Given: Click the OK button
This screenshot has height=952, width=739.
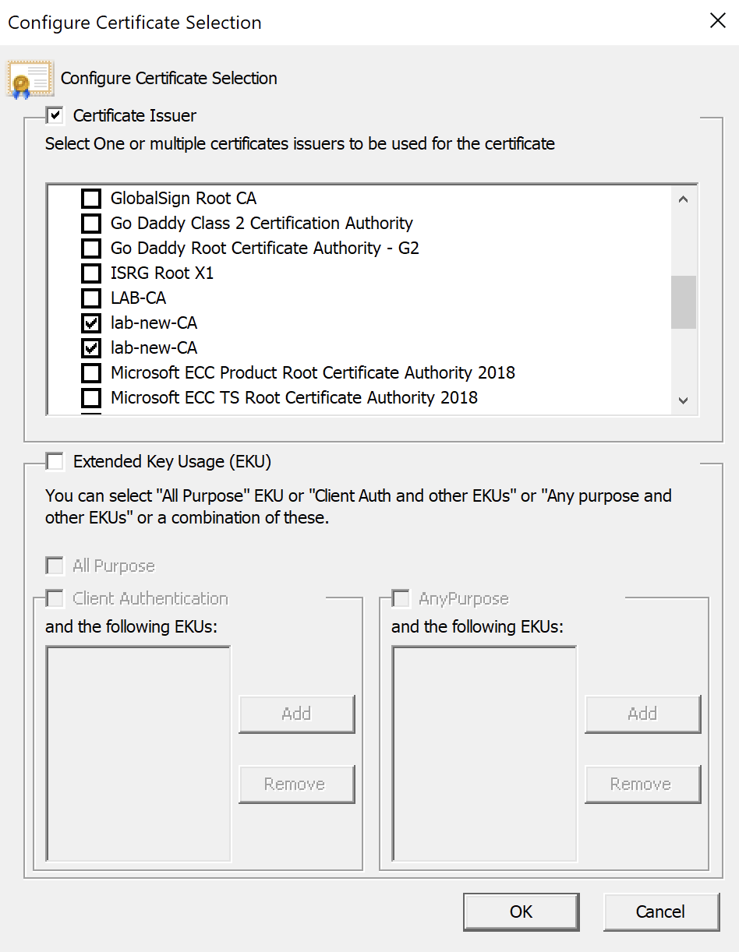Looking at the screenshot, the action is (521, 911).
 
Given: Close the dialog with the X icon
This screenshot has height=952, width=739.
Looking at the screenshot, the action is (717, 20).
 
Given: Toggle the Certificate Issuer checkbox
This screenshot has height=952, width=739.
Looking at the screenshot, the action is (55, 115).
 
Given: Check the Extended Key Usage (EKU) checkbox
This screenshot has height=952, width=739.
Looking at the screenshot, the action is (55, 461).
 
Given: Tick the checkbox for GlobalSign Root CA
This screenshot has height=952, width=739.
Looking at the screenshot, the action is (91, 199).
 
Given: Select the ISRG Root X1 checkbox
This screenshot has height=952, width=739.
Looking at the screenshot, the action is (91, 273).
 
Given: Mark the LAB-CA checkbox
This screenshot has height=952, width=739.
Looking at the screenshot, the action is (91, 298).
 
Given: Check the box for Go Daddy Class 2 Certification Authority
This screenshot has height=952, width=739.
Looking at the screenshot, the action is (91, 224).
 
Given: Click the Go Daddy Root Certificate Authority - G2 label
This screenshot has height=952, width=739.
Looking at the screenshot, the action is (265, 248).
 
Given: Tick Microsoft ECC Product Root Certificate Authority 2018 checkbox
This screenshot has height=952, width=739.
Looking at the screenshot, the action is (91, 373).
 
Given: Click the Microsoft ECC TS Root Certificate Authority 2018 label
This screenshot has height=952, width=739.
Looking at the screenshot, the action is (294, 398).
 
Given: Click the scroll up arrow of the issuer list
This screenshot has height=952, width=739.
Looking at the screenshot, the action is (683, 199).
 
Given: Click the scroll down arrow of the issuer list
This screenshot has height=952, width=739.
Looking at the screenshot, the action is (683, 400).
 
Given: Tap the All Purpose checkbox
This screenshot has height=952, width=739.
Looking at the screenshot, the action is (55, 566).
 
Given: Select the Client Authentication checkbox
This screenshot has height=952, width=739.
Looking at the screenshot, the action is (55, 598).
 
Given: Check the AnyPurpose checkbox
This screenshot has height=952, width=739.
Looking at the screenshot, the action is (401, 598).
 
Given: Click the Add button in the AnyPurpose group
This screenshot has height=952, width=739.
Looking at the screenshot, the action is (642, 714).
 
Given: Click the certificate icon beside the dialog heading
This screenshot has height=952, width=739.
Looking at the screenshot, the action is (30, 79).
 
